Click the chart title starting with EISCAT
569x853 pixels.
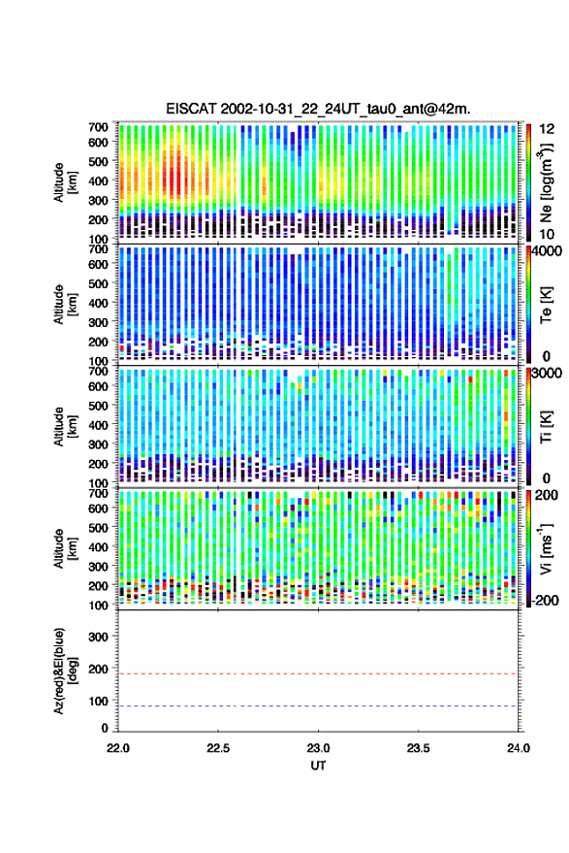[318, 109]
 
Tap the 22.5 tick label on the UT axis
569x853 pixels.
[218, 748]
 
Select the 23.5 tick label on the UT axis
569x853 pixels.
[418, 748]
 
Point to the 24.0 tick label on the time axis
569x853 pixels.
[518, 748]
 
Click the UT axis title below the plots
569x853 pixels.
[318, 766]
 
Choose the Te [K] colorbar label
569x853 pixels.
[546, 305]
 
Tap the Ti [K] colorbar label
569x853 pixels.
[546, 427]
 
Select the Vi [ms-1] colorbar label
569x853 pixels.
[546, 548]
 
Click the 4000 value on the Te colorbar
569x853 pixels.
[548, 251]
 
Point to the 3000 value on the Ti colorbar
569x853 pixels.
[548, 374]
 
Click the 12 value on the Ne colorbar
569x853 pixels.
[547, 129]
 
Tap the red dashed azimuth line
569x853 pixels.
[318, 673]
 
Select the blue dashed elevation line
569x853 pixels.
[318, 706]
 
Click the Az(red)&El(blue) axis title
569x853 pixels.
[64, 672]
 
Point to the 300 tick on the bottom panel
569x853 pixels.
[98, 637]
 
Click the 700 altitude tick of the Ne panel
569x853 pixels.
[98, 127]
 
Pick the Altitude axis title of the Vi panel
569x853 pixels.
[64, 548]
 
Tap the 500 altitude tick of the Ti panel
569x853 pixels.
[98, 406]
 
